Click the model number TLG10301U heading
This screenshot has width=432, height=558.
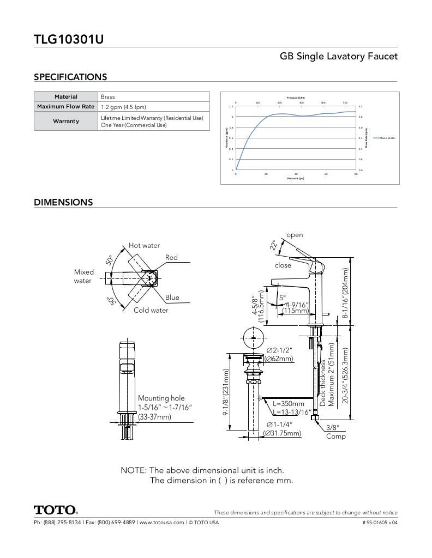pyautogui.click(x=69, y=39)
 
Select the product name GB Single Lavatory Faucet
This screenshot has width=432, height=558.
pyautogui.click(x=338, y=56)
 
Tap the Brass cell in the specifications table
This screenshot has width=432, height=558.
pyautogui.click(x=108, y=96)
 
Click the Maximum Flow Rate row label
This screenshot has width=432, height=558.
pyautogui.click(x=66, y=107)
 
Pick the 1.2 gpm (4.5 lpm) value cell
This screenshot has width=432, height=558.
pyautogui.click(x=123, y=107)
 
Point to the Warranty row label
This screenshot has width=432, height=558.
pyautogui.click(x=66, y=121)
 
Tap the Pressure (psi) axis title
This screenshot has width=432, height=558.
pyautogui.click(x=296, y=178)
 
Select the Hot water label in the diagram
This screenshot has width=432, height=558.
pyautogui.click(x=144, y=245)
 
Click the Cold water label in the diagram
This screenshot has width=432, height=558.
pyautogui.click(x=151, y=310)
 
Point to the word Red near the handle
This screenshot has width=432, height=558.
pyautogui.click(x=171, y=257)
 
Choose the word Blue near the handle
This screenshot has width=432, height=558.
pyautogui.click(x=172, y=298)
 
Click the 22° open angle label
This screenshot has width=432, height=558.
pyautogui.click(x=274, y=245)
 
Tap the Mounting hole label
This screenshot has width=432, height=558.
pyautogui.click(x=161, y=398)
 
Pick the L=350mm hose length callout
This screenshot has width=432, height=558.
pyautogui.click(x=289, y=404)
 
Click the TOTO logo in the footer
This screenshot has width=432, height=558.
pyautogui.click(x=56, y=510)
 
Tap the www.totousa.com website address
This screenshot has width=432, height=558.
pyautogui.click(x=161, y=522)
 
